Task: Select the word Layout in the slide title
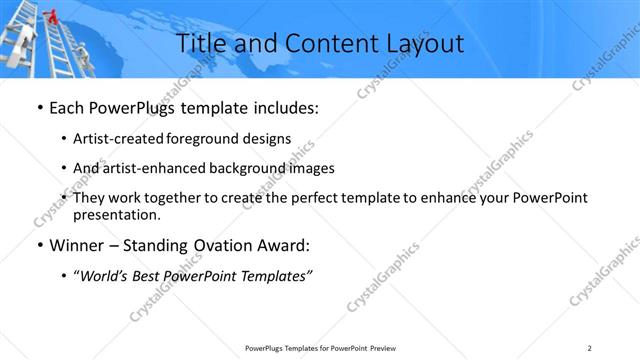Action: pos(421,43)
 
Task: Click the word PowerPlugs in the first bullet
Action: pos(121,107)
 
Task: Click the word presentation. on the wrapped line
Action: pos(117,214)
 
